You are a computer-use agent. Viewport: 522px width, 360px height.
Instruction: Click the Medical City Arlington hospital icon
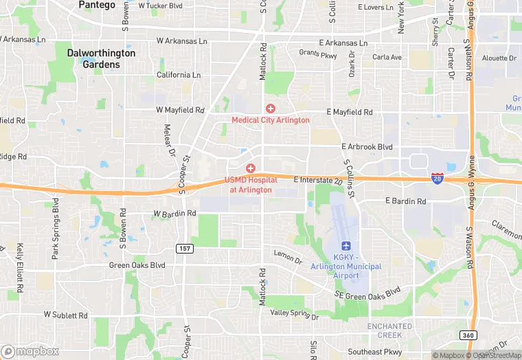tap(270, 109)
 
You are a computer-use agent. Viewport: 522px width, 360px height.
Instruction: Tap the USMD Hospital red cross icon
tap(251, 168)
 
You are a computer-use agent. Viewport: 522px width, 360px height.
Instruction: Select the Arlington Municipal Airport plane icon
tap(345, 246)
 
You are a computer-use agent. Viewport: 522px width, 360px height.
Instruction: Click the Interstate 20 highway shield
tap(437, 177)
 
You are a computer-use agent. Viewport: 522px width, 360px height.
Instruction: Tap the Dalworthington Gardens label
tap(101, 58)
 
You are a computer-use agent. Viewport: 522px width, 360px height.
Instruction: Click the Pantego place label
tap(97, 5)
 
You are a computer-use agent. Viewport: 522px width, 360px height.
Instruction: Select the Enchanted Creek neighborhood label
tap(389, 330)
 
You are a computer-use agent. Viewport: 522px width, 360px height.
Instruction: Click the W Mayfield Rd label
tap(180, 110)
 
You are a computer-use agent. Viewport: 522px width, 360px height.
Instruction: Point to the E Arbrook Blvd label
tap(367, 147)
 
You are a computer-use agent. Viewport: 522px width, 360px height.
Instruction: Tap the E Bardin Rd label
tap(405, 201)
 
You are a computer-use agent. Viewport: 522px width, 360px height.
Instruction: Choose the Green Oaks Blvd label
tap(137, 265)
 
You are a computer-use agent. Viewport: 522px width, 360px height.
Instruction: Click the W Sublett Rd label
tap(66, 315)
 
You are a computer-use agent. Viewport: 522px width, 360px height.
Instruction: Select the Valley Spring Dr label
tap(295, 314)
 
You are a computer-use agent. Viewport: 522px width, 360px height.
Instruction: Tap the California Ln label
tap(179, 75)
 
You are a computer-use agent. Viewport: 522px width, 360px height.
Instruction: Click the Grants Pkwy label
tap(318, 53)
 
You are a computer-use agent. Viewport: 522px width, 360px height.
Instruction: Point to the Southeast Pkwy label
tap(393, 352)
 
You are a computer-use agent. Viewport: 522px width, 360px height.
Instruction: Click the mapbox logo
tap(30, 351)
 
